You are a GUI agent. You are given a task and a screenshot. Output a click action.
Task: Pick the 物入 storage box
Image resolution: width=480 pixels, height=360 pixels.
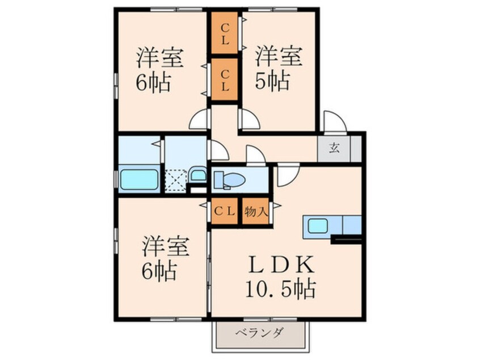tap(255, 211)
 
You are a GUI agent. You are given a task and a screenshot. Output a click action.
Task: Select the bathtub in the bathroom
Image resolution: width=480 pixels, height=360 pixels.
tap(139, 180)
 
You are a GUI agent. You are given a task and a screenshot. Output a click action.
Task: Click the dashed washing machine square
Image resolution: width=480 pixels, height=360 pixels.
tap(175, 181)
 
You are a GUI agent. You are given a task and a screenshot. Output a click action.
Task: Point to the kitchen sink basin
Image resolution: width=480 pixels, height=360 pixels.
tap(318, 226)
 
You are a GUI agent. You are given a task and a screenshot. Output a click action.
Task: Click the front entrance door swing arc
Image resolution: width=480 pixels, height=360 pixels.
tap(334, 121)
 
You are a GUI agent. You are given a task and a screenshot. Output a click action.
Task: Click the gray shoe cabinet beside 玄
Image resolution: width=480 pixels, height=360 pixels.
tap(356, 148)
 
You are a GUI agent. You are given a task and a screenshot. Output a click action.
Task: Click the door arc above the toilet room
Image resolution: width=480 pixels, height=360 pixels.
tap(255, 156)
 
